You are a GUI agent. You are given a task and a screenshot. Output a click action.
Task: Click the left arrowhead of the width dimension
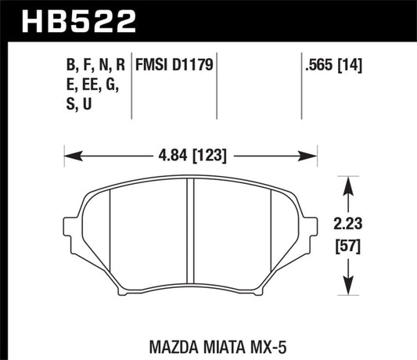tap(67, 155)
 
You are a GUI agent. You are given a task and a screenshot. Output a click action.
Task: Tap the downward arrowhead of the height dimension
tap(349, 288)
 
